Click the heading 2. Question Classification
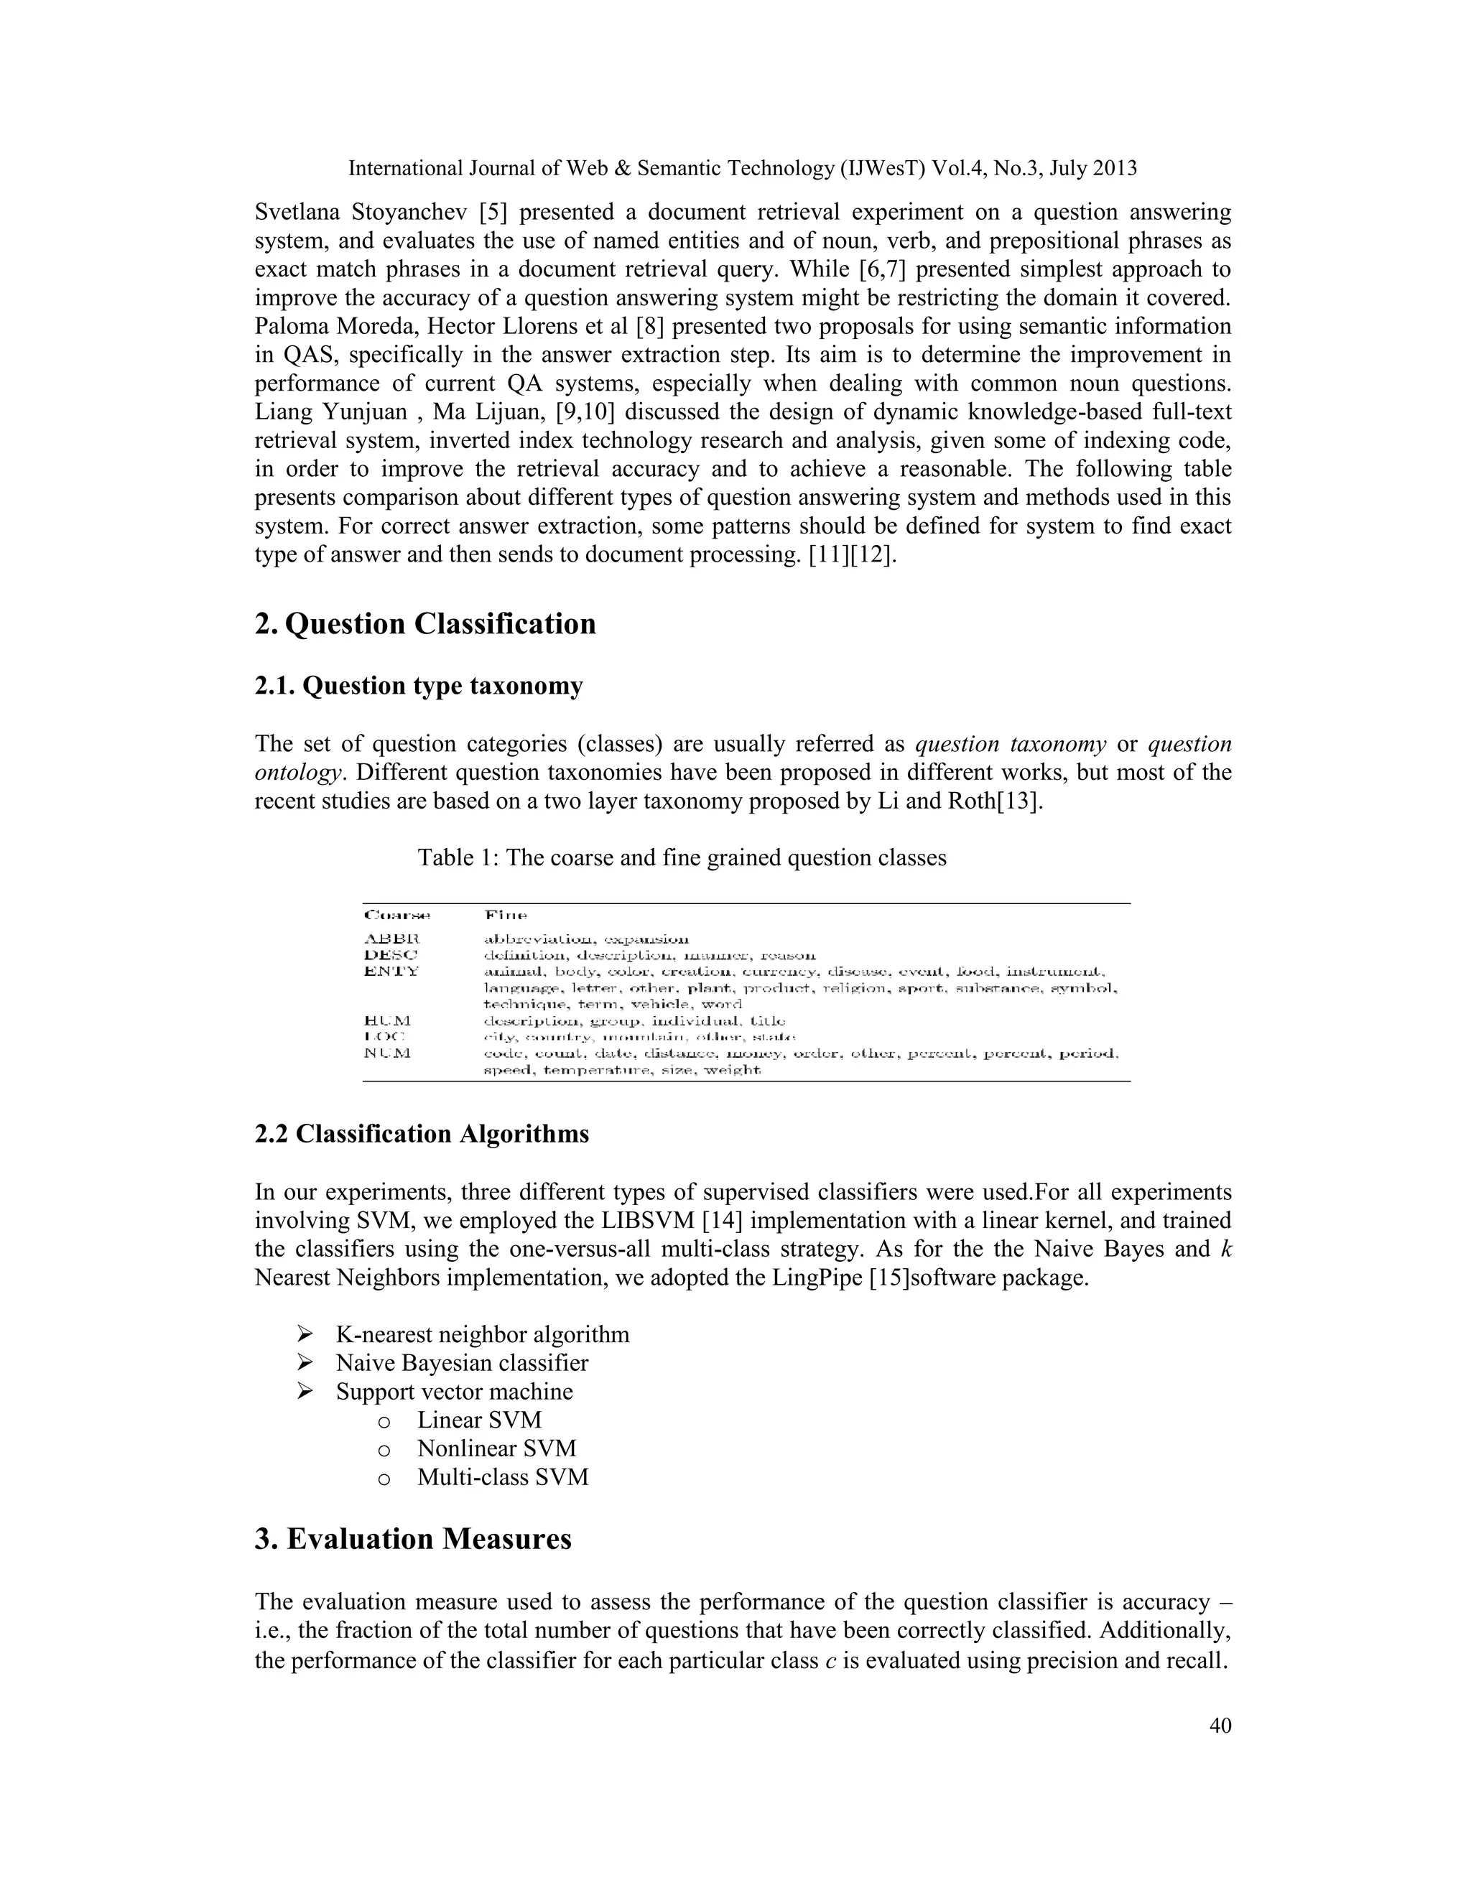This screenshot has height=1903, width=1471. pyautogui.click(x=425, y=624)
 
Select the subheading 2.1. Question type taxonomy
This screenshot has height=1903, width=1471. pyautogui.click(x=418, y=686)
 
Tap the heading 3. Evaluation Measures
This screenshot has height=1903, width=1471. pyautogui.click(x=413, y=1538)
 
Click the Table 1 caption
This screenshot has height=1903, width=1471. pyautogui.click(x=682, y=857)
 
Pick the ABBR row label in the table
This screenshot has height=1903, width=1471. pyautogui.click(x=391, y=939)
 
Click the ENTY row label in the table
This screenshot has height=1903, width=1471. pyautogui.click(x=391, y=971)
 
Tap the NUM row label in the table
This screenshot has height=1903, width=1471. pyautogui.click(x=388, y=1053)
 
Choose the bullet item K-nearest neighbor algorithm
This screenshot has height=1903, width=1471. pyautogui.click(x=482, y=1334)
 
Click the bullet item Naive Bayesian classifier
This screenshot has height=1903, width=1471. pyautogui.click(x=462, y=1363)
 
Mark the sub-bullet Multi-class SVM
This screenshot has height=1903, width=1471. pyautogui.click(x=503, y=1477)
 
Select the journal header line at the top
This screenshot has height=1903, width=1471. pyautogui.click(x=743, y=168)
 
